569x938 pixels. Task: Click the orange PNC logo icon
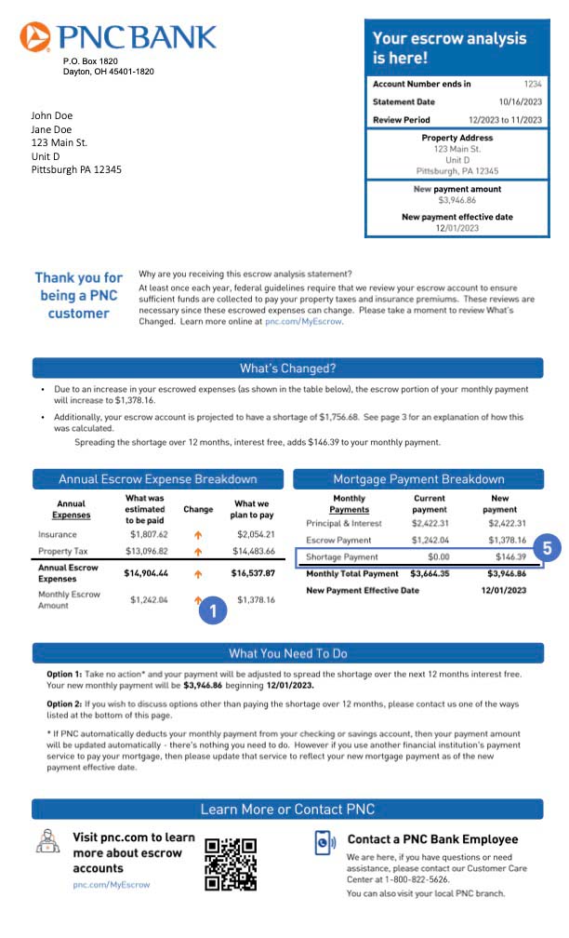point(35,36)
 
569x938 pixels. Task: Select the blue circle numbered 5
point(548,548)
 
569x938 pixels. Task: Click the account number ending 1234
point(533,84)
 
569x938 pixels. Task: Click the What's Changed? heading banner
point(287,368)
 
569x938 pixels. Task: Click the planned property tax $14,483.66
point(253,552)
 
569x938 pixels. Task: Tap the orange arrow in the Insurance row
point(197,535)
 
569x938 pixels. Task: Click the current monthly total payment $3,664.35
point(429,574)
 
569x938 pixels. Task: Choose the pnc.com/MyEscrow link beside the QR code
point(111,885)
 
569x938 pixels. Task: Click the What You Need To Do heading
point(287,653)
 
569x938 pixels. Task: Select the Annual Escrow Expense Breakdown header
point(157,479)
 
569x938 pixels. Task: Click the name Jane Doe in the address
point(51,129)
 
